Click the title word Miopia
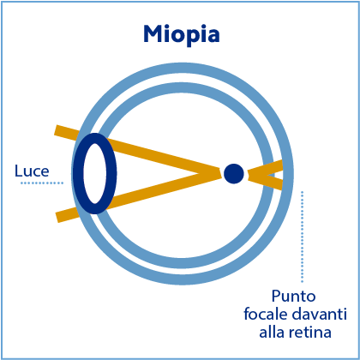click(x=182, y=35)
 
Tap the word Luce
click(x=32, y=171)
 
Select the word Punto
click(x=293, y=297)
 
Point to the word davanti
click(x=320, y=315)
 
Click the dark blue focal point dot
click(x=234, y=174)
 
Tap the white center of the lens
click(x=95, y=173)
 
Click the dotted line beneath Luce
click(x=42, y=183)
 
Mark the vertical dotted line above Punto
click(x=302, y=237)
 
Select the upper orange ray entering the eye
click(x=66, y=132)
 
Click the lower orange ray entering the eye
click(x=67, y=215)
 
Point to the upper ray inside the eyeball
click(x=165, y=158)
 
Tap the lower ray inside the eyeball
click(x=165, y=189)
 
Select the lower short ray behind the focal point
click(x=265, y=181)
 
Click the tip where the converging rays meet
click(x=220, y=173)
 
